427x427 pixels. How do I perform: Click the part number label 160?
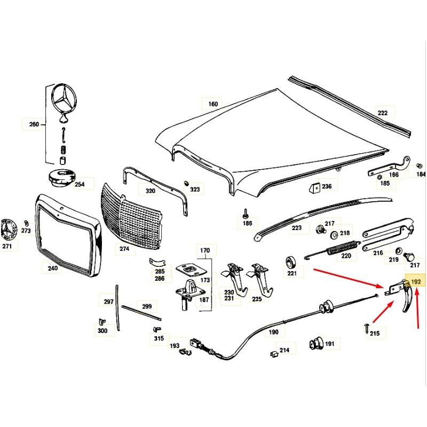coord(213,104)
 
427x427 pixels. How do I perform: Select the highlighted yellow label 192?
coord(416,281)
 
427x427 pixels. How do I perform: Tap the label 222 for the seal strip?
coord(383,113)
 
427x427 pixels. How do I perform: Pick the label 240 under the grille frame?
coord(52,268)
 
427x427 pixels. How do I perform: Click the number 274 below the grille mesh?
coord(124,248)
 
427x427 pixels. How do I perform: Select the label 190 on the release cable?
coord(273,332)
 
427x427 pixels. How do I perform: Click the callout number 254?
coord(80,185)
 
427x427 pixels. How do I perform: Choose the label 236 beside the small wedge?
coord(326,186)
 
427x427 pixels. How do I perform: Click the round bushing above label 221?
coord(291,262)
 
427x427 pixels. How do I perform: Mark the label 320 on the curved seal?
coord(151,191)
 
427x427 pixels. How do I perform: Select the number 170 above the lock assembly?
coord(205,250)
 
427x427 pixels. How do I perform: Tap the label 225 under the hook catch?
coord(257,299)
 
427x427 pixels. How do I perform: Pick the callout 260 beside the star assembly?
coord(34,125)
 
